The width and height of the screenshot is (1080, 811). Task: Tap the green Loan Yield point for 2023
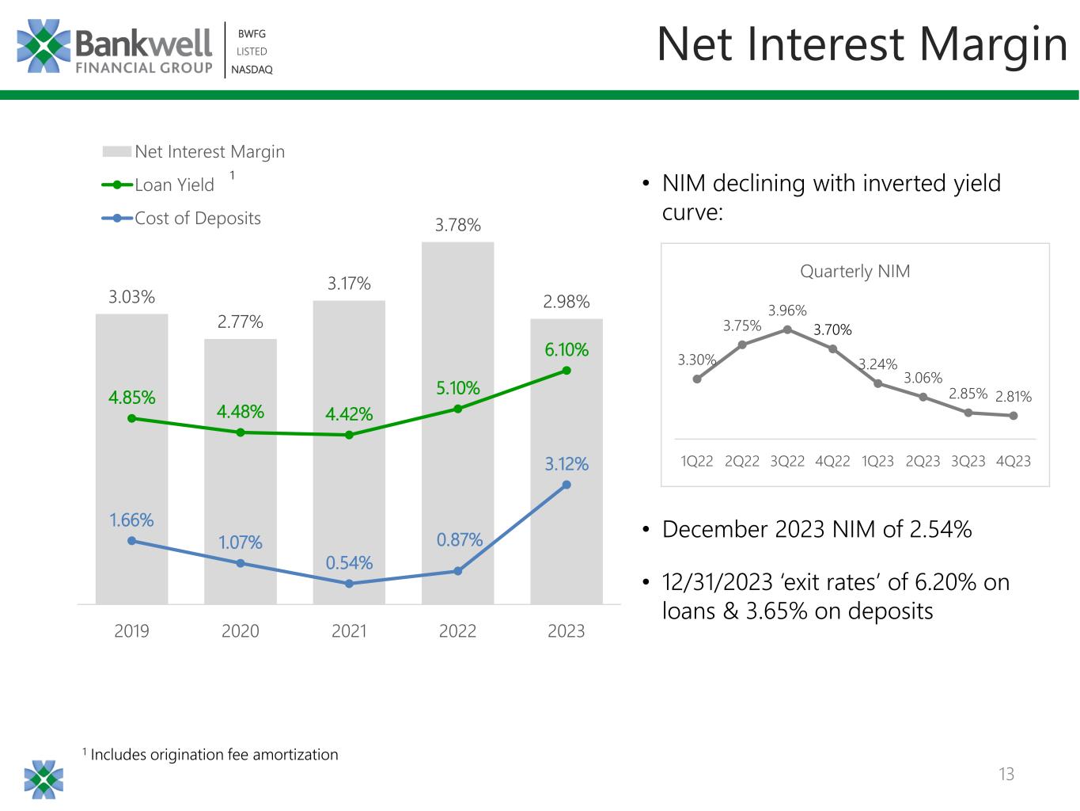(567, 371)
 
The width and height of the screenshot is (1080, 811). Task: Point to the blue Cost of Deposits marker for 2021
(349, 584)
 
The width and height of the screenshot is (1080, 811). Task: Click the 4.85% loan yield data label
(132, 398)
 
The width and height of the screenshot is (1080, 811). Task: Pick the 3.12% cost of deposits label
(567, 464)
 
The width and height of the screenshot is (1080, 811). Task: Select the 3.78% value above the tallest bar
(457, 225)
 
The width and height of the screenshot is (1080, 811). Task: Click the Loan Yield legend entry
(174, 185)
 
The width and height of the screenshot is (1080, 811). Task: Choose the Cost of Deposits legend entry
(197, 219)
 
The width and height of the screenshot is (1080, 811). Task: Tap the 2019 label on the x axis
(132, 631)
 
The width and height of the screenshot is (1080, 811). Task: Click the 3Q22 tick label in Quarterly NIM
(787, 461)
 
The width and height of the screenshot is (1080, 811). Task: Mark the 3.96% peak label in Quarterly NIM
(787, 310)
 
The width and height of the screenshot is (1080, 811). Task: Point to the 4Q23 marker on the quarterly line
(1014, 416)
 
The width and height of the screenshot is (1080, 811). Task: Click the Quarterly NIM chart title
(855, 272)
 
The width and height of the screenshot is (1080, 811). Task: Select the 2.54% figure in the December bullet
(941, 529)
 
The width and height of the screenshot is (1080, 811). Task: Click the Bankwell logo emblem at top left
(44, 46)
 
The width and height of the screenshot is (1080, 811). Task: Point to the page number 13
(1006, 774)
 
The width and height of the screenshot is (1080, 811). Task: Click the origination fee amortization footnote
(214, 755)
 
